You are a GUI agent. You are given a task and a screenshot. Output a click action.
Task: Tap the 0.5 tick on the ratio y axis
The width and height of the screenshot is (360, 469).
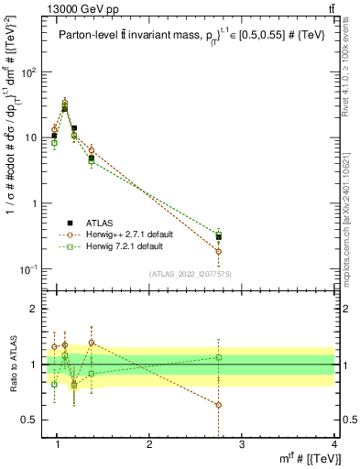[x=32, y=420]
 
